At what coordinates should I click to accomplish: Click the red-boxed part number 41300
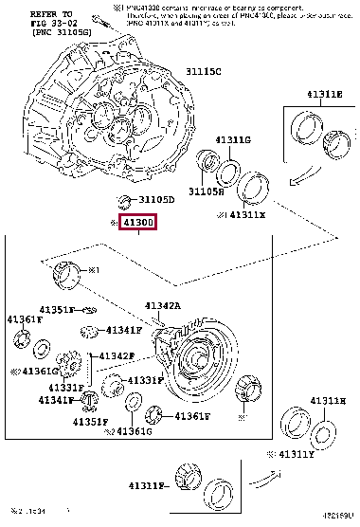136,224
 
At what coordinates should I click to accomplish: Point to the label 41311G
234,140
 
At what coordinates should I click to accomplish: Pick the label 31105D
156,200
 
